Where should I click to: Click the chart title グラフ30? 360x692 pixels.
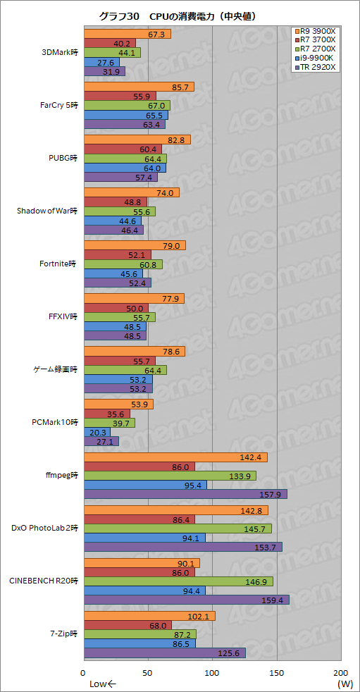[117, 16]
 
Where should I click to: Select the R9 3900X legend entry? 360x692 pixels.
[316, 31]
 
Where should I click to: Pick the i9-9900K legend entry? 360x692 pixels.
[316, 58]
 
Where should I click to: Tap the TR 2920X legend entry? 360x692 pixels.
[316, 68]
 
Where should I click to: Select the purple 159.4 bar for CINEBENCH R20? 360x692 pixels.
[187, 600]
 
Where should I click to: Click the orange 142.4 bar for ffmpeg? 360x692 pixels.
[175, 457]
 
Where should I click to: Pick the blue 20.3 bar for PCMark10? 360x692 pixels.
[97, 432]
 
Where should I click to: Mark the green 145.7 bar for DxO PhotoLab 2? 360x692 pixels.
[178, 529]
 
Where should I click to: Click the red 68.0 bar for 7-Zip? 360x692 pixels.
[128, 625]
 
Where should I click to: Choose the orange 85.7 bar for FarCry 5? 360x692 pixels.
[139, 87]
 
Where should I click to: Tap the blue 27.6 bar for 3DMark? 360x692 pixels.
[101, 62]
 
